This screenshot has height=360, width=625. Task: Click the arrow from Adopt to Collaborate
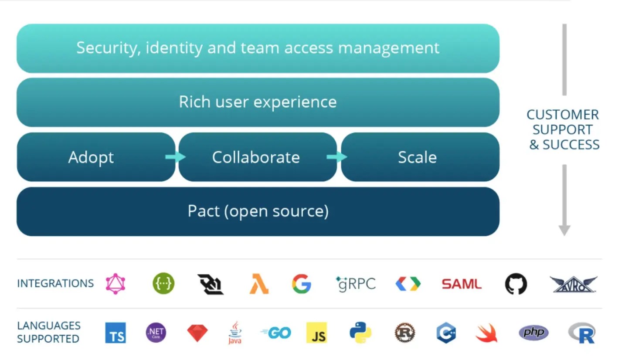[x=176, y=157]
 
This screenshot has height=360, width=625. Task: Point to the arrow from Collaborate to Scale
[x=337, y=157]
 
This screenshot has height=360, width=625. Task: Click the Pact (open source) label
[x=258, y=211]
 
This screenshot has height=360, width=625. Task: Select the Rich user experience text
[x=258, y=102]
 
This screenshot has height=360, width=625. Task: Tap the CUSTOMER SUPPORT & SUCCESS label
[x=564, y=129]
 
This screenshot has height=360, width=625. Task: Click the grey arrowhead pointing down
[x=564, y=230]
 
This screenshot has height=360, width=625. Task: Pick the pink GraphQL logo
[x=115, y=284]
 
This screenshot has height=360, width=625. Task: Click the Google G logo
[x=302, y=284]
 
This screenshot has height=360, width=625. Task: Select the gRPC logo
[x=356, y=284]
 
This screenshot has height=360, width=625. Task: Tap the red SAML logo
[x=462, y=284]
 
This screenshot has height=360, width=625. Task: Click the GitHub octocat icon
[x=516, y=284]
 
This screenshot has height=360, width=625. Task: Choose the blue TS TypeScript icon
[x=115, y=333]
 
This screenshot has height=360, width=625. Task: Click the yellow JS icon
[x=316, y=333]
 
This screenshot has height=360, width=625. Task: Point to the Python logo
[x=360, y=333]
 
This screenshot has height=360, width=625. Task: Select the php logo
[x=533, y=333]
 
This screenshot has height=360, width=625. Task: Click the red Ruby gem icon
[x=197, y=333]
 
